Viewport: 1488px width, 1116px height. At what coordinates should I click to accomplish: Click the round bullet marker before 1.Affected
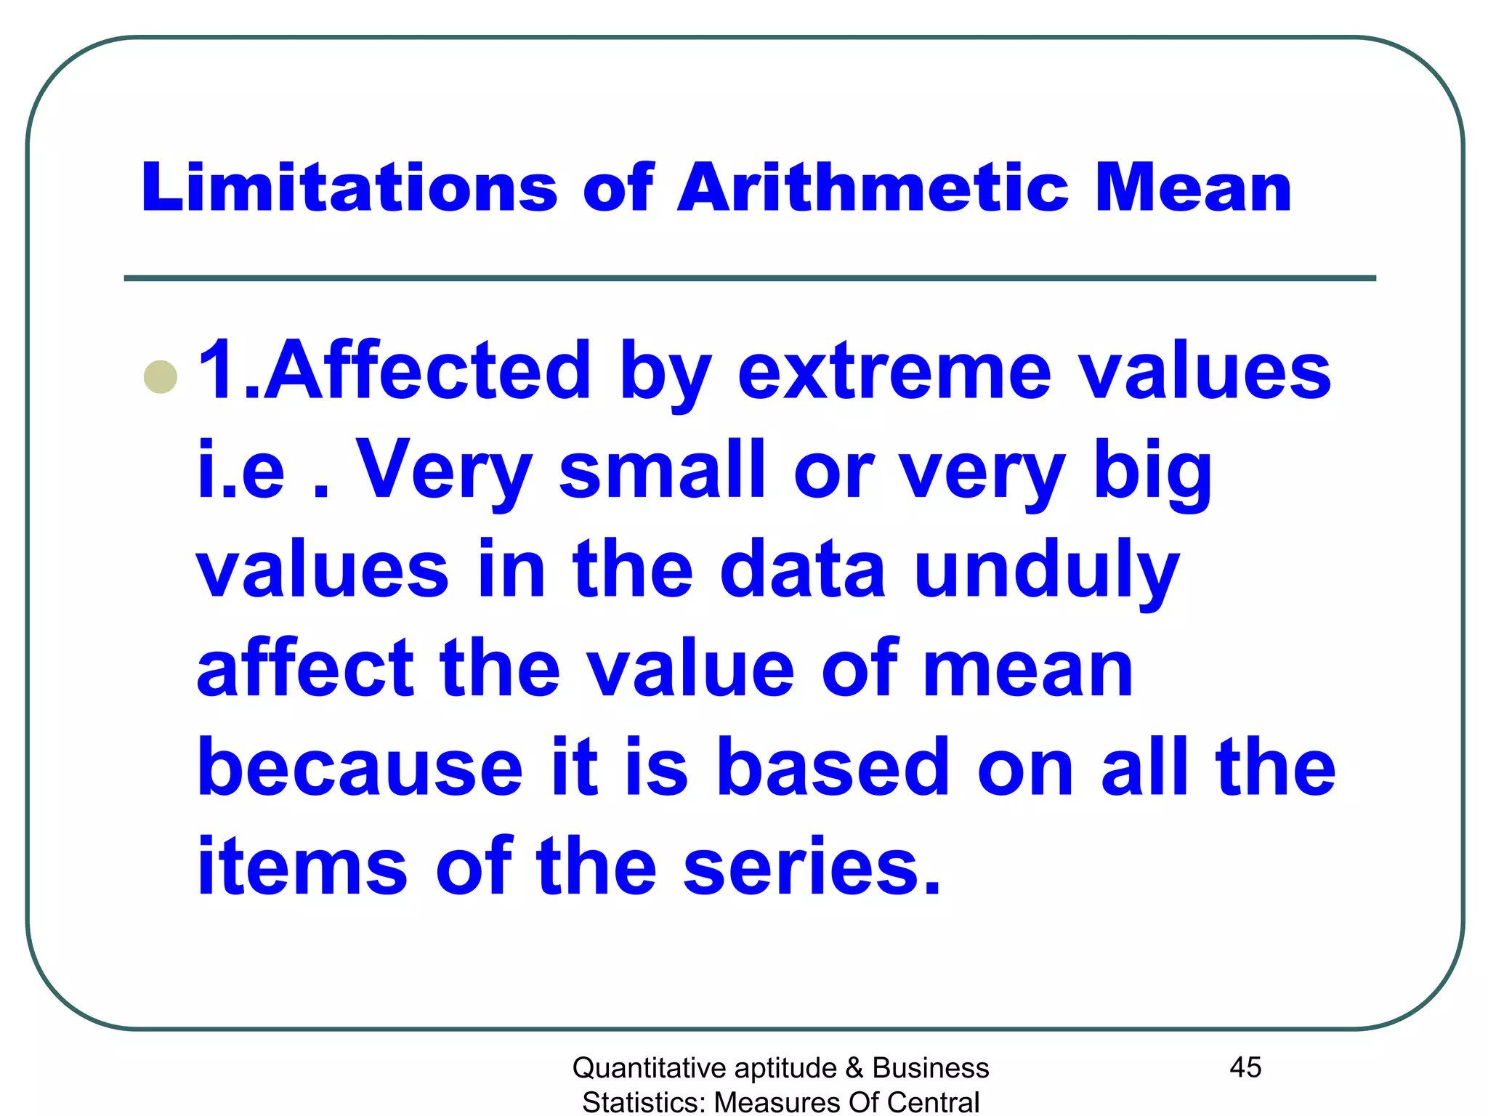161,377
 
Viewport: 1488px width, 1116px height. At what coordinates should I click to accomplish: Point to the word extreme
894,372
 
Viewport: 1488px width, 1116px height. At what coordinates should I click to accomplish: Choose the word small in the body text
662,471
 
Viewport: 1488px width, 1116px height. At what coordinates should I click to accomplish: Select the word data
802,570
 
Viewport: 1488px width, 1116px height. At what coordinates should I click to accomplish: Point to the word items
302,867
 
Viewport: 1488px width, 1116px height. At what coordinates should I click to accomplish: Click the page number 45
1245,1067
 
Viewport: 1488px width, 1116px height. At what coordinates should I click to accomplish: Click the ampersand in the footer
854,1068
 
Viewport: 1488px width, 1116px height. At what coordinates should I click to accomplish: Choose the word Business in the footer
931,1068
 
